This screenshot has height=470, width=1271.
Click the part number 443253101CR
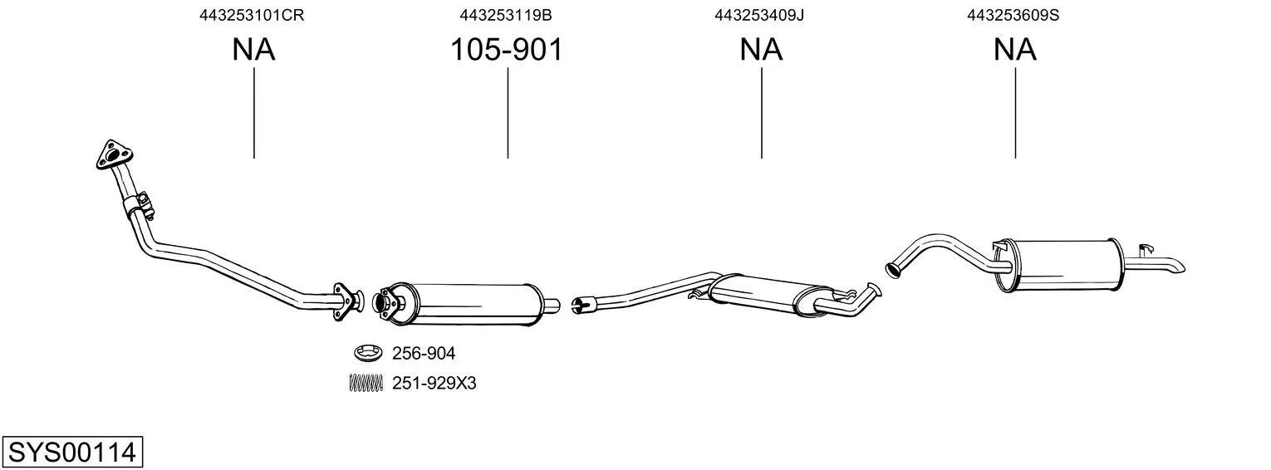[x=252, y=15]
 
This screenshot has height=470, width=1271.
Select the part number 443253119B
[x=506, y=15]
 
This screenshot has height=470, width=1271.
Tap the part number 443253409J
[x=759, y=15]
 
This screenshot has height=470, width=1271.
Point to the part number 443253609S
[x=1013, y=15]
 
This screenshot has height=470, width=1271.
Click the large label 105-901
[x=506, y=49]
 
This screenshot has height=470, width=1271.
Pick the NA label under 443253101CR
[x=253, y=49]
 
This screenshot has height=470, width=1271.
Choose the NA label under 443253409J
[x=761, y=49]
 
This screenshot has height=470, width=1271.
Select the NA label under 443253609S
[x=1014, y=49]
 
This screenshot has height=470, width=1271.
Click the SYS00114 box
[x=72, y=452]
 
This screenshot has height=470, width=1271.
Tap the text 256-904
[x=424, y=353]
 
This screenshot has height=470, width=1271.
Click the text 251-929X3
[x=434, y=384]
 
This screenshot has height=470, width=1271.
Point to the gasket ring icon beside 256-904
[x=368, y=353]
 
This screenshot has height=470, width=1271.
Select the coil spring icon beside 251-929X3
[x=366, y=384]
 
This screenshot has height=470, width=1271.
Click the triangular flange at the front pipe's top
[x=115, y=154]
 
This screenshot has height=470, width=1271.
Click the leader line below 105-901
[x=508, y=113]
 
